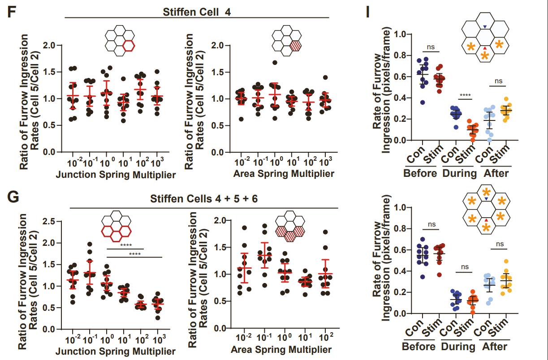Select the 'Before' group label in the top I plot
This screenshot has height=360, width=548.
[419, 173]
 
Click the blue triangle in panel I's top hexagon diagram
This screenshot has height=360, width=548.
[485, 27]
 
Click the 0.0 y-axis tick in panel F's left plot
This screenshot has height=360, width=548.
[49, 152]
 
